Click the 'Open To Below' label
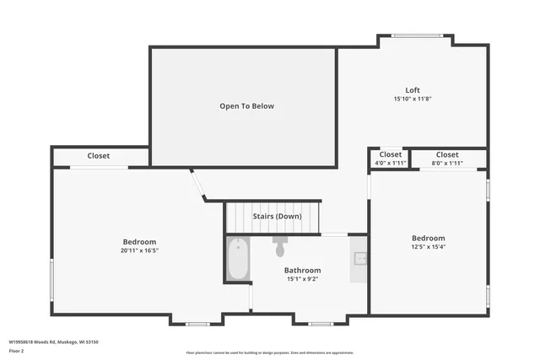tap(246, 106)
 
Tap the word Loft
tap(413, 90)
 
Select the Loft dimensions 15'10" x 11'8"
tap(413, 99)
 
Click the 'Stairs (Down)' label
tap(277, 217)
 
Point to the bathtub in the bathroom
tap(238, 259)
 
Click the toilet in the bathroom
tap(280, 247)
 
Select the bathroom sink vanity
tap(359, 259)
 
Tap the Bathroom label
tap(302, 271)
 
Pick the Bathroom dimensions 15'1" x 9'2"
tap(302, 279)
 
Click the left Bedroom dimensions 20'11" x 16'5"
tap(140, 250)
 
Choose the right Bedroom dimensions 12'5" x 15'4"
tap(428, 247)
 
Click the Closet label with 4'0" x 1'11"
tap(390, 155)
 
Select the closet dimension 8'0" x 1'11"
tap(447, 163)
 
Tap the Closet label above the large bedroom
tap(98, 156)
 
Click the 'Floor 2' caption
tap(17, 351)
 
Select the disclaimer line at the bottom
tap(270, 352)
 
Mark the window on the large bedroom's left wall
tap(52, 278)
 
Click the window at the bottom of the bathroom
tap(321, 324)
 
